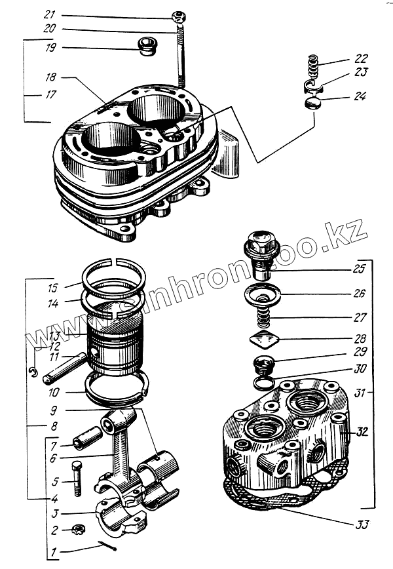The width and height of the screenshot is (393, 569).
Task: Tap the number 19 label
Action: coord(50,47)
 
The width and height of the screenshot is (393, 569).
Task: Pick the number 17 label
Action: coord(50,94)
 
